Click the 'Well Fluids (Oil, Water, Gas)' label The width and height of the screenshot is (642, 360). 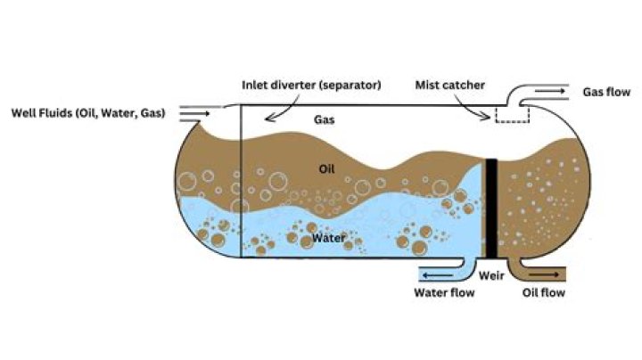pyautogui.click(x=87, y=113)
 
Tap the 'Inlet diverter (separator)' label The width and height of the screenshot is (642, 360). pyautogui.click(x=311, y=86)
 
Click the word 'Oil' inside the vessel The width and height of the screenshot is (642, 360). pyautogui.click(x=327, y=168)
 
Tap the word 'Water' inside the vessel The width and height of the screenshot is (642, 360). pyautogui.click(x=326, y=239)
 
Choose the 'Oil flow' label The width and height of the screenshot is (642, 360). pyautogui.click(x=544, y=292)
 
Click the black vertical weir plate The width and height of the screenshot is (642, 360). pyautogui.click(x=490, y=209)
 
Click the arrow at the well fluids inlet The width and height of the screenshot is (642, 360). pyautogui.click(x=193, y=113)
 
